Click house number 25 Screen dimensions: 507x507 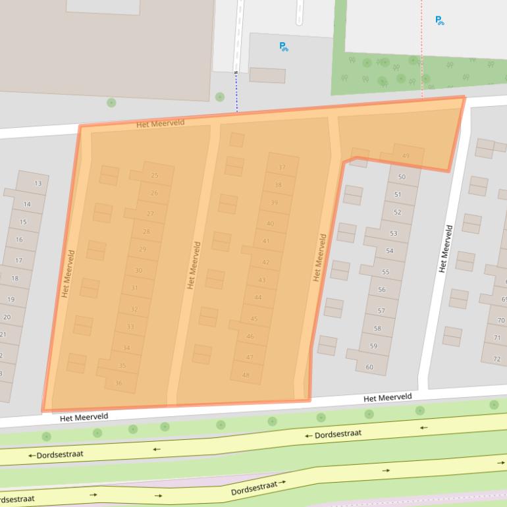155,176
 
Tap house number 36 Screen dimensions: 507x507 119,383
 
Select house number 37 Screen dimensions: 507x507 282,168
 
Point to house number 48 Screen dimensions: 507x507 246,375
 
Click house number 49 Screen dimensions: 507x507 406,156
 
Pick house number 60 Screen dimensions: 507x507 369,367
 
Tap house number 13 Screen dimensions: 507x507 38,183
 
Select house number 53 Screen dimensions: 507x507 394,234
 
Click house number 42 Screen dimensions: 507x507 265,262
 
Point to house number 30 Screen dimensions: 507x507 138,271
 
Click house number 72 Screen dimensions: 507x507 496,359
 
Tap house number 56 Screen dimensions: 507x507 382,290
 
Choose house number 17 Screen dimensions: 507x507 18,261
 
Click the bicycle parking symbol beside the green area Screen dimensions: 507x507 440,20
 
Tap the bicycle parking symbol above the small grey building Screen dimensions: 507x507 284,47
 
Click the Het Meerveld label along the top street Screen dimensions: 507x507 161,123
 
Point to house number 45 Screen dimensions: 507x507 254,319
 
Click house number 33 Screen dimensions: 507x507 130,327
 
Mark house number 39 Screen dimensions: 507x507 274,203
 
